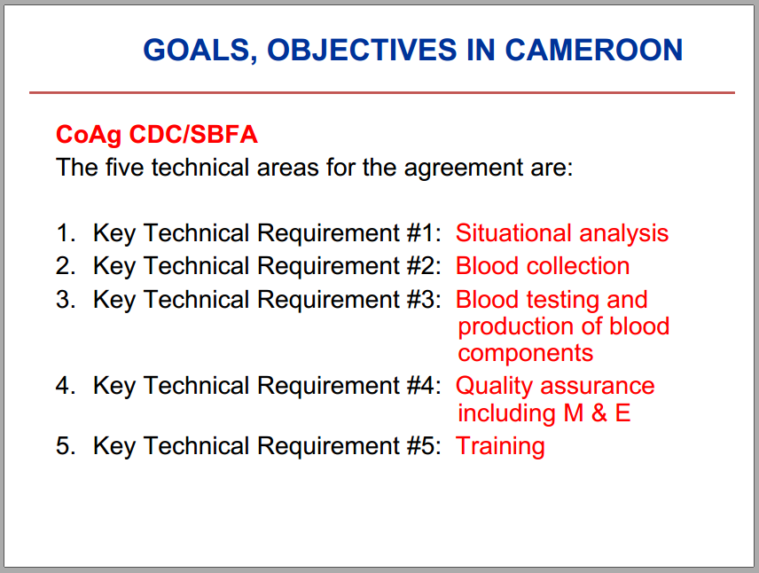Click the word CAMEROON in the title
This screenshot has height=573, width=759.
594,50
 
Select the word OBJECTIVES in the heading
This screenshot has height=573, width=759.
362,50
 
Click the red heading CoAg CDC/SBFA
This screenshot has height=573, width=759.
157,135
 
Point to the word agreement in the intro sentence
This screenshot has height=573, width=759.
464,169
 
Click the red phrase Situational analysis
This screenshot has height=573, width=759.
562,234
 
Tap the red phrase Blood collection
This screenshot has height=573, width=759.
543,266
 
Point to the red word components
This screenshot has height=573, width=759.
526,354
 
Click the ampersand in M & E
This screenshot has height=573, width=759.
599,413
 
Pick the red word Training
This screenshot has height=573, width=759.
500,447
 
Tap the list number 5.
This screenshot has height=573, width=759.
66,446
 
